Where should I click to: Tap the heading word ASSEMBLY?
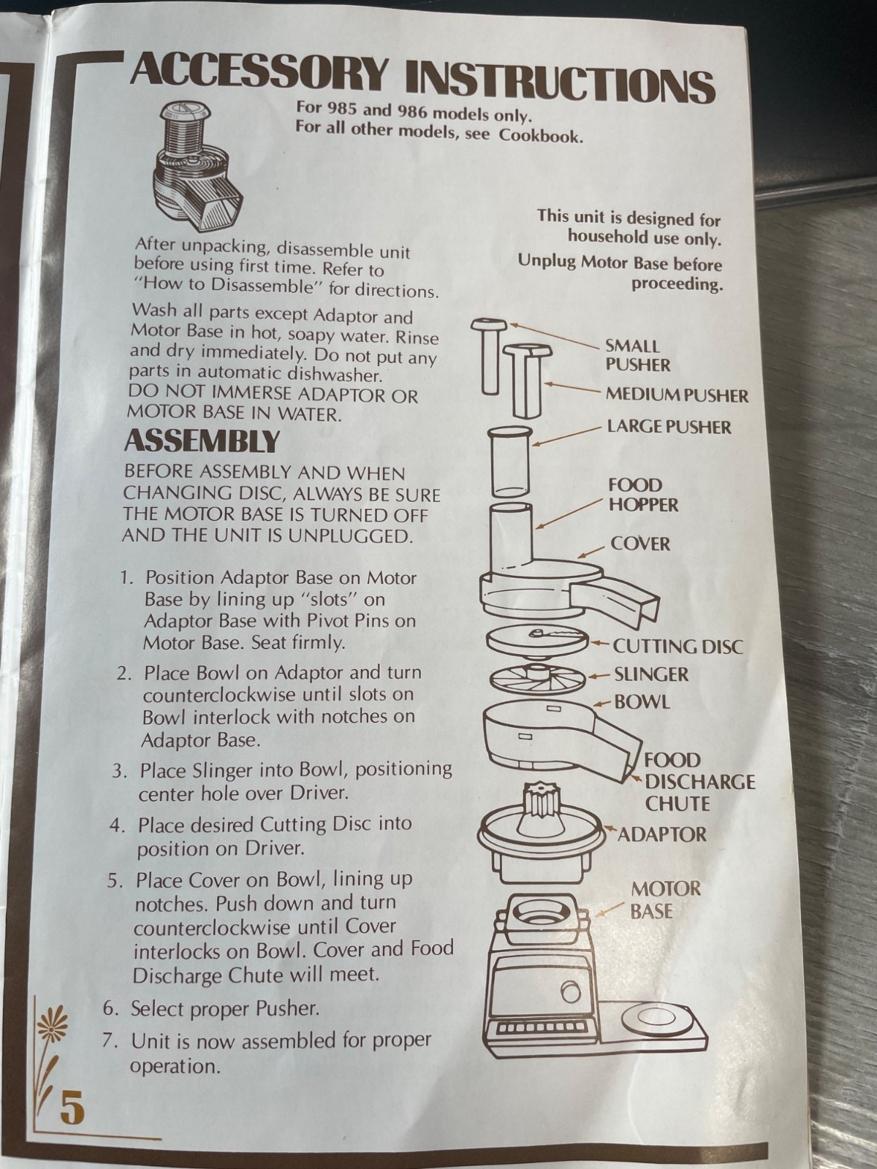point(202,441)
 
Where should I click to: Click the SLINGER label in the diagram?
point(651,674)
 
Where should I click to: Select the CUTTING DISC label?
point(678,647)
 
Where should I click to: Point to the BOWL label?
point(642,702)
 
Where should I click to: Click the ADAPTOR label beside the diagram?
point(662,834)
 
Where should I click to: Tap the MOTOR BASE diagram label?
point(666,900)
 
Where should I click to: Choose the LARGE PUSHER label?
point(669,427)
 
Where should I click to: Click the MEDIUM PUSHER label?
point(677,396)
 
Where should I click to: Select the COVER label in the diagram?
point(640,544)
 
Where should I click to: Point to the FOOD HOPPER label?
point(644,495)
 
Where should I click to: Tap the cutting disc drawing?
point(537,639)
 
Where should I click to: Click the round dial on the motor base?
point(570,992)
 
